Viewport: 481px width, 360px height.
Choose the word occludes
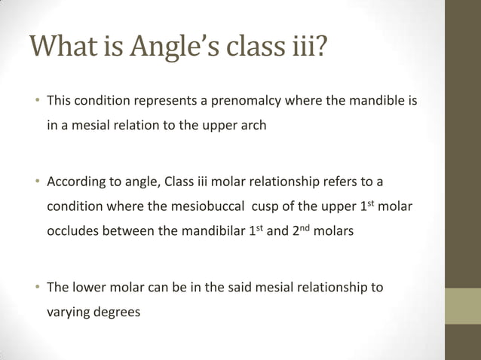[x=75, y=231]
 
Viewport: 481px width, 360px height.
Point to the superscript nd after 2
[x=302, y=227]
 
